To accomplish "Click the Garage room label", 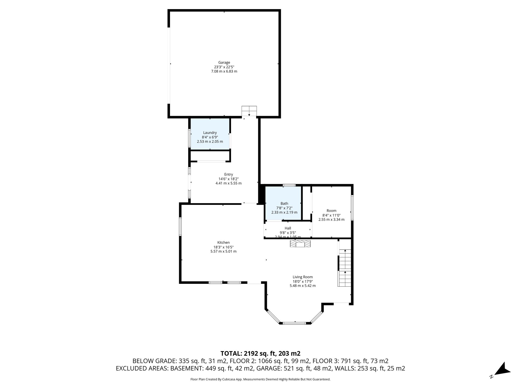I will tap(224, 62).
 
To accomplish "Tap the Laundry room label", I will tap(210, 133).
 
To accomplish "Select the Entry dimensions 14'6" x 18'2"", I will tap(228, 179).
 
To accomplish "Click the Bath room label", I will tap(284, 203).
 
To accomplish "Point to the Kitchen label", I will tap(223, 242).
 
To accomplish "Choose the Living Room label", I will tap(302, 277).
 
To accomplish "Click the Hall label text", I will tap(288, 228).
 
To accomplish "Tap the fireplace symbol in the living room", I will tap(300, 244).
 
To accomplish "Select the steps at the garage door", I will tap(249, 111).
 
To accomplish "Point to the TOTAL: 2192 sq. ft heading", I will tap(260, 353).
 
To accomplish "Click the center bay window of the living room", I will tap(295, 323).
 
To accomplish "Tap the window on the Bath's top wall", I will tap(289, 185).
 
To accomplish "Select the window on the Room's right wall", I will tap(352, 207).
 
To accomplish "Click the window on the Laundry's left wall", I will tap(189, 138).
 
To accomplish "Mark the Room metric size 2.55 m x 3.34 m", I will tap(331, 219).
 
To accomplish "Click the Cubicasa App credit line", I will tap(260, 379).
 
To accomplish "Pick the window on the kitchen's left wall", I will tap(180, 226).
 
